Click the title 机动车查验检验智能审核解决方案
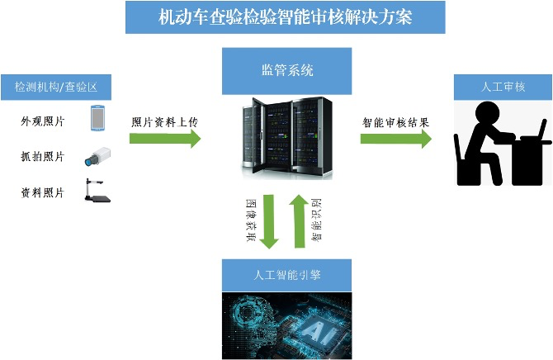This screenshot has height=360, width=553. (285, 17)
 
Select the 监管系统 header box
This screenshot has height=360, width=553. (287, 71)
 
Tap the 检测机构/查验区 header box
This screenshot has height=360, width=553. (56, 87)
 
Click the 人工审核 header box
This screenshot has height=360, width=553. (503, 86)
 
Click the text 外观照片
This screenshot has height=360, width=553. (43, 121)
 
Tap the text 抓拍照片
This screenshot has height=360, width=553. (43, 156)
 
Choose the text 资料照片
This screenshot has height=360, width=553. (43, 192)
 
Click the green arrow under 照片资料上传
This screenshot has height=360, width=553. (165, 139)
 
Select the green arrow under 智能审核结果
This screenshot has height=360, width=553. (396, 139)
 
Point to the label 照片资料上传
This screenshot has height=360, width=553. (164, 121)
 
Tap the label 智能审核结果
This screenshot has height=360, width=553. (395, 121)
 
